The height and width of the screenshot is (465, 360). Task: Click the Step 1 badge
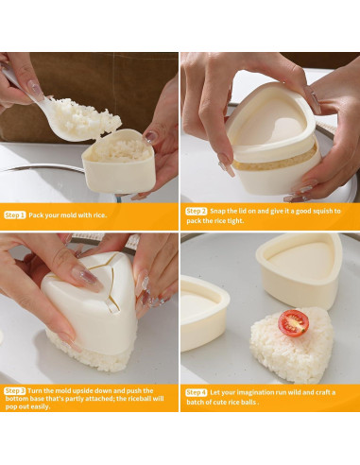[14, 215]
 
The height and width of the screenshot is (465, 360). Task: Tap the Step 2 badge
[196, 211]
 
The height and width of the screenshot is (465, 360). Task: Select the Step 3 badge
[14, 391]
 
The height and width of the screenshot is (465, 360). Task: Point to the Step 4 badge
[196, 392]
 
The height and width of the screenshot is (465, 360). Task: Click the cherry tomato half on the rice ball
[293, 323]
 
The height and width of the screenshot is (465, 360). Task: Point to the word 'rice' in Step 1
[100, 215]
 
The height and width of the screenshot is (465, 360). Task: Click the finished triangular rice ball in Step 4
[291, 345]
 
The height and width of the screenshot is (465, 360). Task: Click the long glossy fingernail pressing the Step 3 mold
[87, 278]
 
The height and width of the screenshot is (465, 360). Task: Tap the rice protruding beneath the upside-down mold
[92, 356]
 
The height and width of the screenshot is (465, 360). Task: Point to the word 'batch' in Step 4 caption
[196, 403]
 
